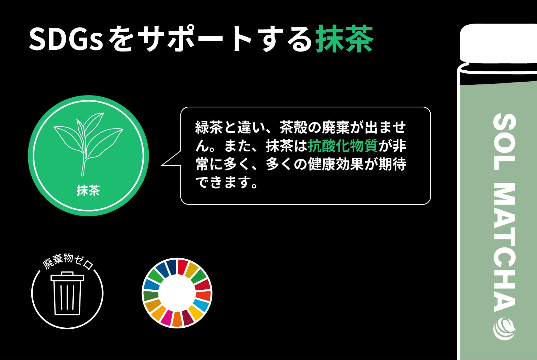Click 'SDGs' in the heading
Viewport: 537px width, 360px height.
click(x=66, y=39)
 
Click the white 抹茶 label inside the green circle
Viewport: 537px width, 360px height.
click(x=88, y=190)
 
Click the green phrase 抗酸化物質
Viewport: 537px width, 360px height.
click(x=343, y=146)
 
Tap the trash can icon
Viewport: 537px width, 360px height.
click(x=67, y=293)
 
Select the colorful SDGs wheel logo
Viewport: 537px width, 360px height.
click(x=177, y=293)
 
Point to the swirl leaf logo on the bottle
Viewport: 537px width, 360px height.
click(x=504, y=329)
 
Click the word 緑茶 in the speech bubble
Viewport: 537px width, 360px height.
click(x=209, y=127)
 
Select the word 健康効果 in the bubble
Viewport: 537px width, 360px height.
click(x=336, y=164)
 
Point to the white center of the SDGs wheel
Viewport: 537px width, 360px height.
click(x=177, y=293)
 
